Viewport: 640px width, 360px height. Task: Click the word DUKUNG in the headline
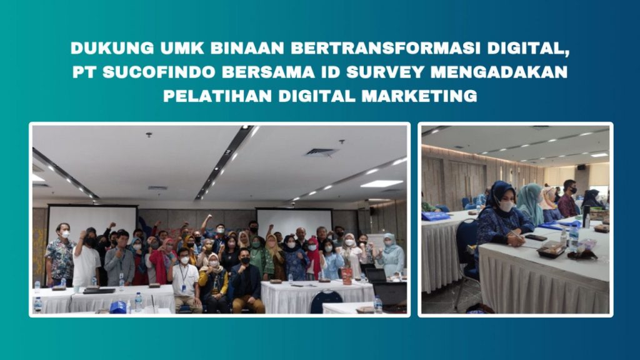tap(112, 48)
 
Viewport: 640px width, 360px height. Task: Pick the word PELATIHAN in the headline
tap(217, 96)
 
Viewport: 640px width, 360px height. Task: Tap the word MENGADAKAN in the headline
tap(499, 72)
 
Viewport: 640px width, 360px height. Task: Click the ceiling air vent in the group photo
tap(322, 152)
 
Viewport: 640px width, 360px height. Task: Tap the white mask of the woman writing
tap(506, 206)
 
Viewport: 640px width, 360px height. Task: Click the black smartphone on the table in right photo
tap(536, 237)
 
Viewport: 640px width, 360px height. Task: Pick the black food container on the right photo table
tap(551, 249)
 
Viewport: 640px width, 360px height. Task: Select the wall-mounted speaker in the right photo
tap(581, 167)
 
